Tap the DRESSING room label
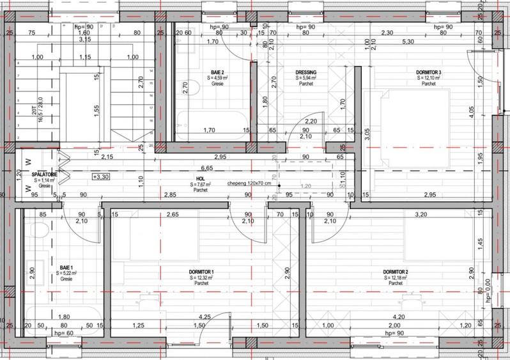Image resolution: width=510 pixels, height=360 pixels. coord(307,72)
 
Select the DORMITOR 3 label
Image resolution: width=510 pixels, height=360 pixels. coord(429,72)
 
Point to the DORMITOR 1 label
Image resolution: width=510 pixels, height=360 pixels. coord(201,272)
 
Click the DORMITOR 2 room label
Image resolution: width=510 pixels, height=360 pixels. coord(396,272)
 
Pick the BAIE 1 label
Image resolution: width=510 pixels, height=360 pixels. coord(66,267)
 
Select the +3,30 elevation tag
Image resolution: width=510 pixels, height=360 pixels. coord(100,176)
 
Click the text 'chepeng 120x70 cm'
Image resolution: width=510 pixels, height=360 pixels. coord(249,183)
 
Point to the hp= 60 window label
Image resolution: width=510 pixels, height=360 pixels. coord(65,333)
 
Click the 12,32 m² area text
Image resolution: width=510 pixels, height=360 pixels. coord(202,278)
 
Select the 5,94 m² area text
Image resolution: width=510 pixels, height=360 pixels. coord(307,78)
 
